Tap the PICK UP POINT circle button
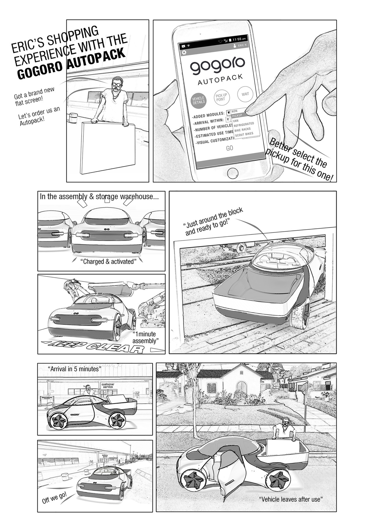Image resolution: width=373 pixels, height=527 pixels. (x=221, y=97)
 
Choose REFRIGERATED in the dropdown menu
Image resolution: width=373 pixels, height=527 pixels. (x=244, y=124)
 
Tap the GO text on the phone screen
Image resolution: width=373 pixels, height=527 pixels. (x=230, y=148)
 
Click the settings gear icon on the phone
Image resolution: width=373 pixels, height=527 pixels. (x=184, y=53)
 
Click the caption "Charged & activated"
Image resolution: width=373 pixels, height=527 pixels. (x=108, y=261)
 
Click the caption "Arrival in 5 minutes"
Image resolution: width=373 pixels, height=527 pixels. (x=74, y=369)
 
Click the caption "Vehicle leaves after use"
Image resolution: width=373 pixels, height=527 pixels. (x=291, y=499)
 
